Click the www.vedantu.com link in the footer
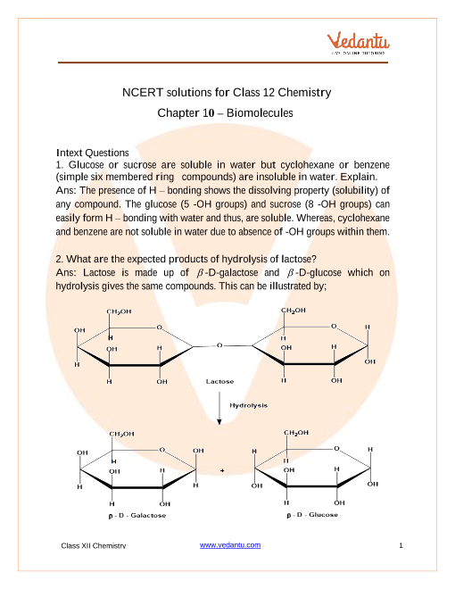(230, 544)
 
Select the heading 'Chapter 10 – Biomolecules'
(226, 113)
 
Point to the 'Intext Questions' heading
(92, 153)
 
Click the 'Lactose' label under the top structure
(219, 381)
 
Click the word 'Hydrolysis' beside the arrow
(249, 404)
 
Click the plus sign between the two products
(220, 469)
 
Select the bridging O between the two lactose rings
(219, 344)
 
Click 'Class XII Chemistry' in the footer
(93, 545)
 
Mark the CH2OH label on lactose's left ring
(120, 311)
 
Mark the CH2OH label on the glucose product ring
(295, 432)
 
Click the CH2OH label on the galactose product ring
(121, 434)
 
